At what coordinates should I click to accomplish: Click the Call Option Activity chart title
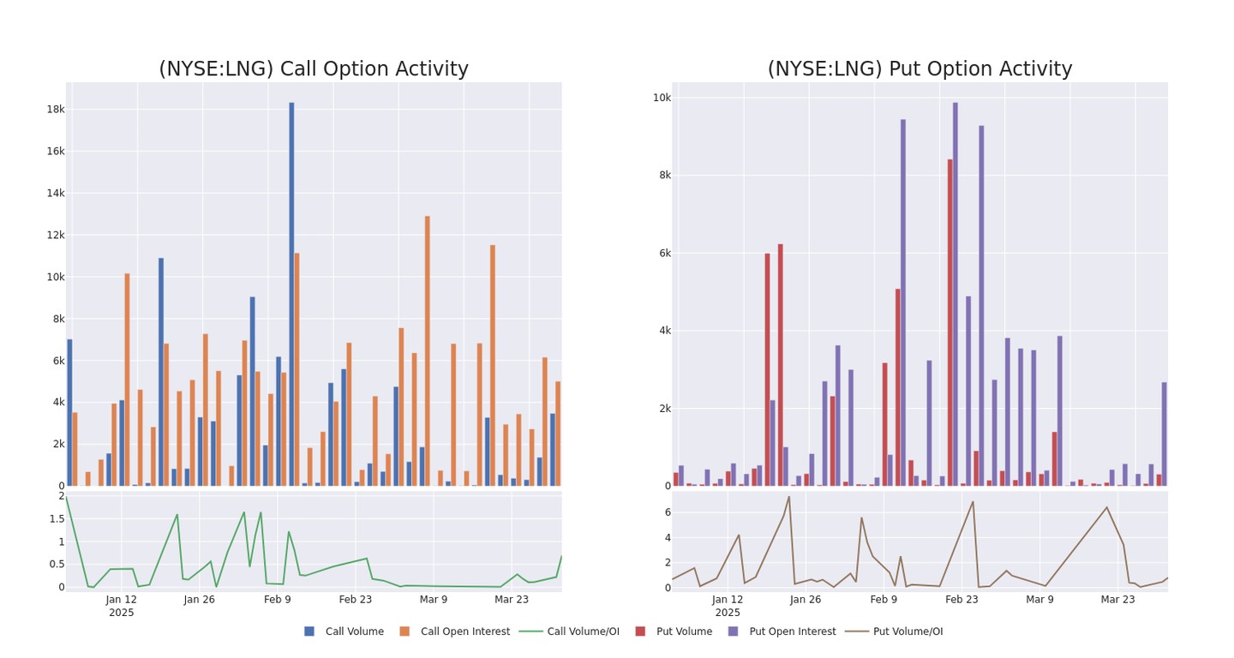314,69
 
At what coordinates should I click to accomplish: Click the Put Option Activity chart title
920,69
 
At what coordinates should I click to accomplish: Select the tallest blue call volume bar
291,291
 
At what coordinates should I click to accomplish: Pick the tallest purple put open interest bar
955,291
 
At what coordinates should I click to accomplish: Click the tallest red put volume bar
949,321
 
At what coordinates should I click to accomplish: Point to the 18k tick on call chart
56,110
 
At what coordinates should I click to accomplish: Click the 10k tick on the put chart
662,98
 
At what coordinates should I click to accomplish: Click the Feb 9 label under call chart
278,600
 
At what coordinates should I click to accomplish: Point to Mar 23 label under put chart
1117,600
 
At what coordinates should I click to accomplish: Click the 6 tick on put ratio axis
666,512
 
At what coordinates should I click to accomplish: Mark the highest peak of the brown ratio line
788,497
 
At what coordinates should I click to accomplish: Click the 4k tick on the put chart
662,331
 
